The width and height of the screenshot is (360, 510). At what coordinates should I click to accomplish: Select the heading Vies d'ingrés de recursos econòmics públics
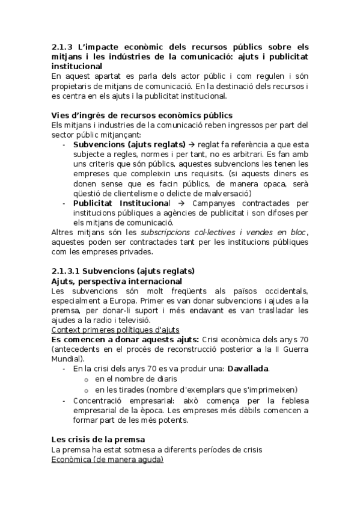point(142,115)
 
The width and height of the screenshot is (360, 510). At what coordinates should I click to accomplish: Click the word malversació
point(227,193)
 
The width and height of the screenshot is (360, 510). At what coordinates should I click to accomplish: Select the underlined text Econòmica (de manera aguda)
point(107,459)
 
